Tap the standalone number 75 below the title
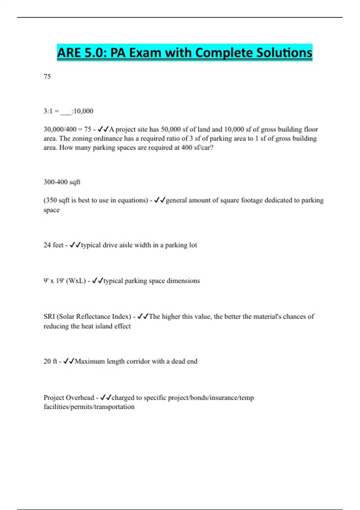[x=47, y=77]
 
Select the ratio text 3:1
[x=48, y=111]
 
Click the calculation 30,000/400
[x=60, y=129]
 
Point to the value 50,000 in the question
[x=171, y=129]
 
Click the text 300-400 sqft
[x=62, y=182]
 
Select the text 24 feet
[x=53, y=245]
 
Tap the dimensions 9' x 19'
[x=53, y=281]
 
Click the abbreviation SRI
[x=49, y=316]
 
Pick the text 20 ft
[x=50, y=361]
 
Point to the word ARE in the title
[x=69, y=53]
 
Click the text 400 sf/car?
[x=197, y=148]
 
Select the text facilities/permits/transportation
[x=89, y=407]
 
